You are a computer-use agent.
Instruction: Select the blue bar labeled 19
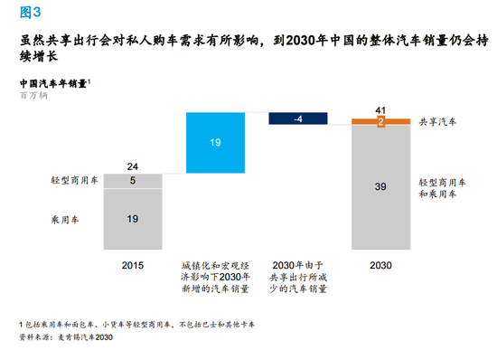click(x=215, y=142)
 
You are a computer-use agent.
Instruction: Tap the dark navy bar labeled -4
click(x=298, y=118)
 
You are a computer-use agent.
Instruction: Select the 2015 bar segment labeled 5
click(x=133, y=181)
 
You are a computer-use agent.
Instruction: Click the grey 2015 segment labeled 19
click(x=133, y=218)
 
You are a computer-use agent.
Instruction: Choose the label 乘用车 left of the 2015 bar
click(x=67, y=218)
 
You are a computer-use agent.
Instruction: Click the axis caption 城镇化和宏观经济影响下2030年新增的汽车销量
click(x=215, y=275)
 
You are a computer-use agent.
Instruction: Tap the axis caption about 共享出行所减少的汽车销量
click(x=298, y=275)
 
